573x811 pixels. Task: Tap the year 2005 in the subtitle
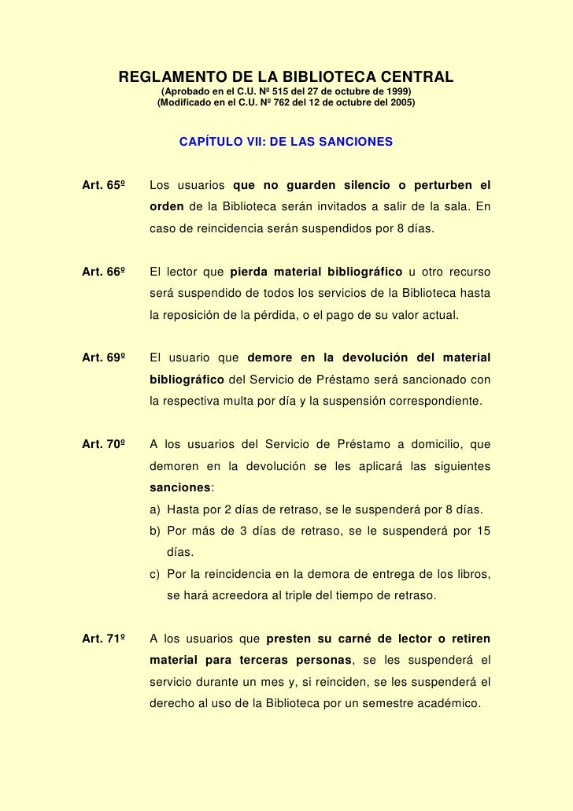[400, 103]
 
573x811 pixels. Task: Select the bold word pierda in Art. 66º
[251, 273]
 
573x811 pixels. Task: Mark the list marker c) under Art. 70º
[155, 575]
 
